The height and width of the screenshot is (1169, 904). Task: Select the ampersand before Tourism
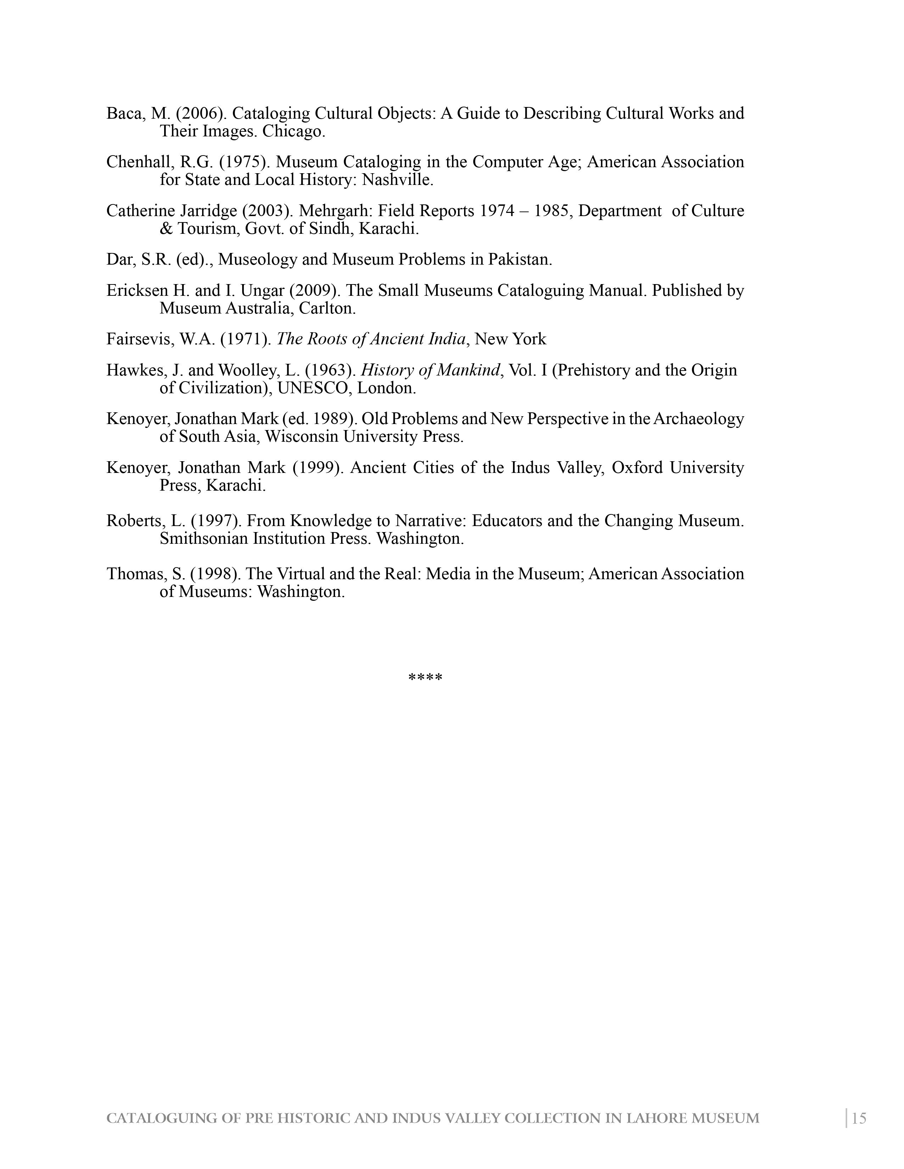(166, 229)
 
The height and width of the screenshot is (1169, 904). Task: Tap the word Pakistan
(519, 260)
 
